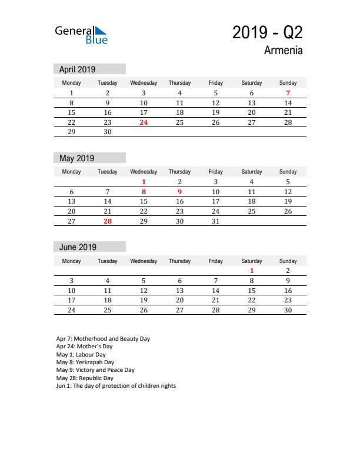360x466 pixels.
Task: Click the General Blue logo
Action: point(81,35)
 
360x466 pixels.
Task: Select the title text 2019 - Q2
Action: point(268,33)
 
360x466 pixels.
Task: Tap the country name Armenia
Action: point(284,51)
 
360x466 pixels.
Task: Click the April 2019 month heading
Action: point(78,69)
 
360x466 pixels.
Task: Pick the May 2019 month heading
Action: point(77,158)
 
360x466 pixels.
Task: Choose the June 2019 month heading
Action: point(78,247)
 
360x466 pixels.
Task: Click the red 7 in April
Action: point(288,93)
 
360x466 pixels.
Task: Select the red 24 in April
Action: point(144,123)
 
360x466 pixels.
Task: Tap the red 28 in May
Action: point(108,221)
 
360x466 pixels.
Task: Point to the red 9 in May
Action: point(179,192)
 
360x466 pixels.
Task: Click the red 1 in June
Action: point(252,271)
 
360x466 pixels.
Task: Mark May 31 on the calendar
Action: point(215,221)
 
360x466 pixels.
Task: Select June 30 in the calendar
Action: point(288,310)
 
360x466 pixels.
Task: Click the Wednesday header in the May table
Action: point(144,172)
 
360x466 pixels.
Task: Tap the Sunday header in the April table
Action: point(288,83)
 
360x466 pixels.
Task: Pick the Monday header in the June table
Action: point(72,261)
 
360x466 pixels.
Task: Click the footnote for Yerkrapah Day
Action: point(85,362)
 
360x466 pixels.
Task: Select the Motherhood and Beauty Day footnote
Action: point(103,339)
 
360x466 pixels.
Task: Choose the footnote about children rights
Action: point(116,386)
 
